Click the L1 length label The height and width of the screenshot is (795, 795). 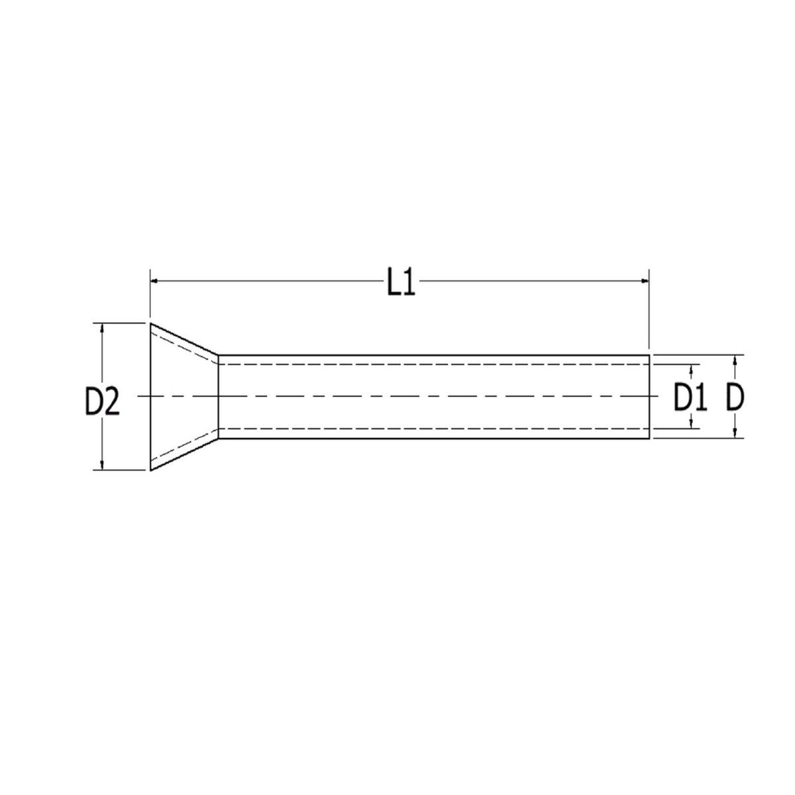(401, 282)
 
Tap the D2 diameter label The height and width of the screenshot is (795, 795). (102, 401)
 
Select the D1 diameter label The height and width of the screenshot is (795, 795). (690, 397)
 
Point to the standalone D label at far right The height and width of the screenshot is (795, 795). (735, 397)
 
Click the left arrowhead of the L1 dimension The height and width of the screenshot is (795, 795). (154, 280)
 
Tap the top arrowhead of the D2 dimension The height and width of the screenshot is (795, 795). (102, 327)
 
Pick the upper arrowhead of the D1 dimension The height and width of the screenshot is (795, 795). (691, 369)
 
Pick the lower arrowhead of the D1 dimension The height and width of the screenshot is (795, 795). (691, 424)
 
